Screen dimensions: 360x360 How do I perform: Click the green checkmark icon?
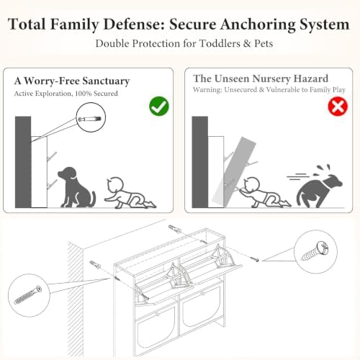(x=159, y=106)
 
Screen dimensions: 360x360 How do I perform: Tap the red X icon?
(x=338, y=106)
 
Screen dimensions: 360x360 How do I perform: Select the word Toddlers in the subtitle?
(x=220, y=43)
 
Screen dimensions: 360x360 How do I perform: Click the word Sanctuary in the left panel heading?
(x=106, y=81)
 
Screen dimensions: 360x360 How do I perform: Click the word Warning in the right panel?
(x=208, y=90)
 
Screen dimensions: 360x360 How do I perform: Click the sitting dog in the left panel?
(x=76, y=187)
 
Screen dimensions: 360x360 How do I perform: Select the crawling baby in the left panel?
(x=130, y=193)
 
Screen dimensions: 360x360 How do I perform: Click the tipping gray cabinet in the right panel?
(x=234, y=171)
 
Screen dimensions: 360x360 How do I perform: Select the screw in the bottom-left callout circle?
(x=28, y=295)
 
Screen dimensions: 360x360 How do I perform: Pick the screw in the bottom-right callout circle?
(x=315, y=251)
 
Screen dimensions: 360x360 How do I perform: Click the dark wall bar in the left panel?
(x=23, y=162)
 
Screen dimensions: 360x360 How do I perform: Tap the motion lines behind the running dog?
(x=297, y=176)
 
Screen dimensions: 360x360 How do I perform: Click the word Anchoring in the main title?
(x=257, y=24)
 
